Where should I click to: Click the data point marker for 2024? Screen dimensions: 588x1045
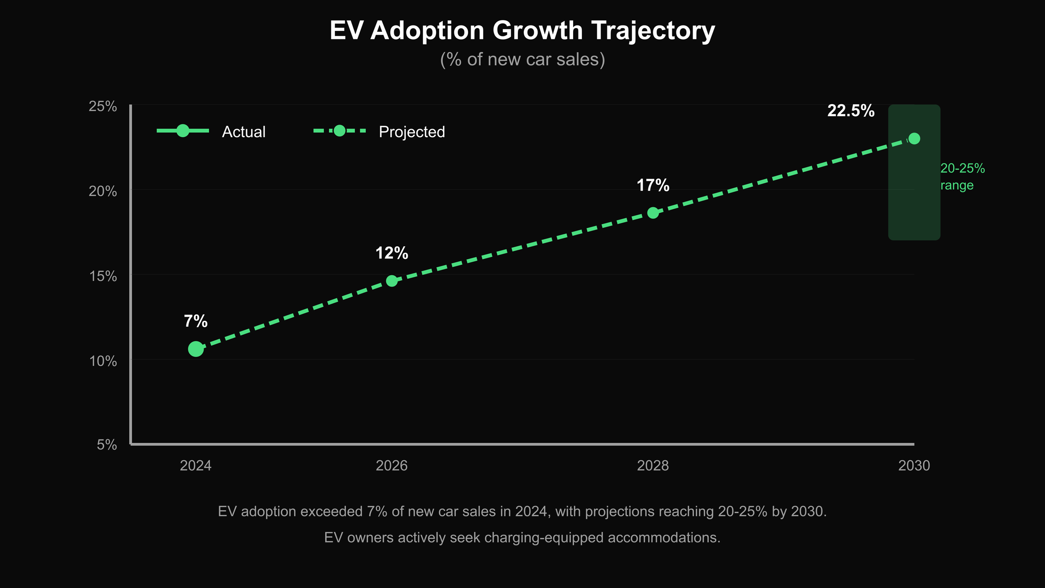click(x=196, y=349)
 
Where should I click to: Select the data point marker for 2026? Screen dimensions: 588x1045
click(x=392, y=281)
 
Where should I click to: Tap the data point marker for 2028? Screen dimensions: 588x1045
click(x=653, y=213)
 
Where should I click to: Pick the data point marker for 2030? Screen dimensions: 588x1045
click(x=914, y=138)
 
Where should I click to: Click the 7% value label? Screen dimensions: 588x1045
click(x=196, y=321)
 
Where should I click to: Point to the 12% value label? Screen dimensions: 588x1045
click(x=392, y=253)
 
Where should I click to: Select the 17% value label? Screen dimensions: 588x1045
click(x=653, y=185)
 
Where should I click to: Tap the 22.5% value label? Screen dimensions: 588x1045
click(x=851, y=111)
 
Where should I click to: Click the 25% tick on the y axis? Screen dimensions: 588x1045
click(x=103, y=106)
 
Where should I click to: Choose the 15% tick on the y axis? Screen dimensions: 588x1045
click(x=103, y=276)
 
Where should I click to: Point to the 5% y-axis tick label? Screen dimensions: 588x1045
click(x=107, y=445)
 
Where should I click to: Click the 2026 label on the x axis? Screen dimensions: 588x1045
click(x=392, y=465)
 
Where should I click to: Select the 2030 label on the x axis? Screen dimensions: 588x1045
click(x=914, y=465)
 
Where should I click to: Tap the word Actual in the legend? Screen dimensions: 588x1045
click(x=244, y=132)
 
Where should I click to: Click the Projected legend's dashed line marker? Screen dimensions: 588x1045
click(x=339, y=131)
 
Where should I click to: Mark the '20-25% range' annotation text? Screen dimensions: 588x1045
click(x=962, y=176)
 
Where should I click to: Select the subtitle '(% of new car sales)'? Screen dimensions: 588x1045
click(x=522, y=59)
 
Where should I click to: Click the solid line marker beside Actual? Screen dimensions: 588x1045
click(x=183, y=131)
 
